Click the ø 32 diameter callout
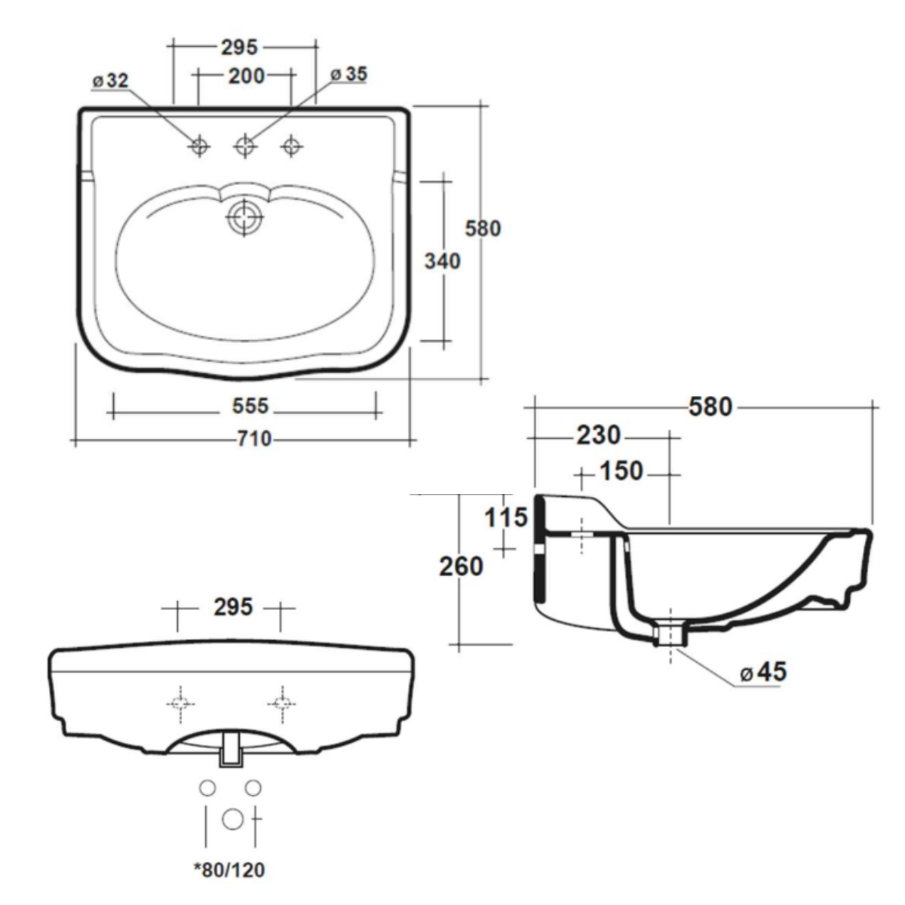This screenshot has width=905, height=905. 111,81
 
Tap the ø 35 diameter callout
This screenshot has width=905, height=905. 349,74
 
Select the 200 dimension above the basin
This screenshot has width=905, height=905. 247,76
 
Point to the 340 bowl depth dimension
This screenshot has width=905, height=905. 443,261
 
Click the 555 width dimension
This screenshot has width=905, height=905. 250,406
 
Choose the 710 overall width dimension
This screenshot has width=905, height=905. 254,439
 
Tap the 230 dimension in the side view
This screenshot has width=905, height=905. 598,435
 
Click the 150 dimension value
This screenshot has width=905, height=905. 621,471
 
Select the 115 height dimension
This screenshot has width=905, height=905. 506,518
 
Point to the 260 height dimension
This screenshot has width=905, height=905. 462,566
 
